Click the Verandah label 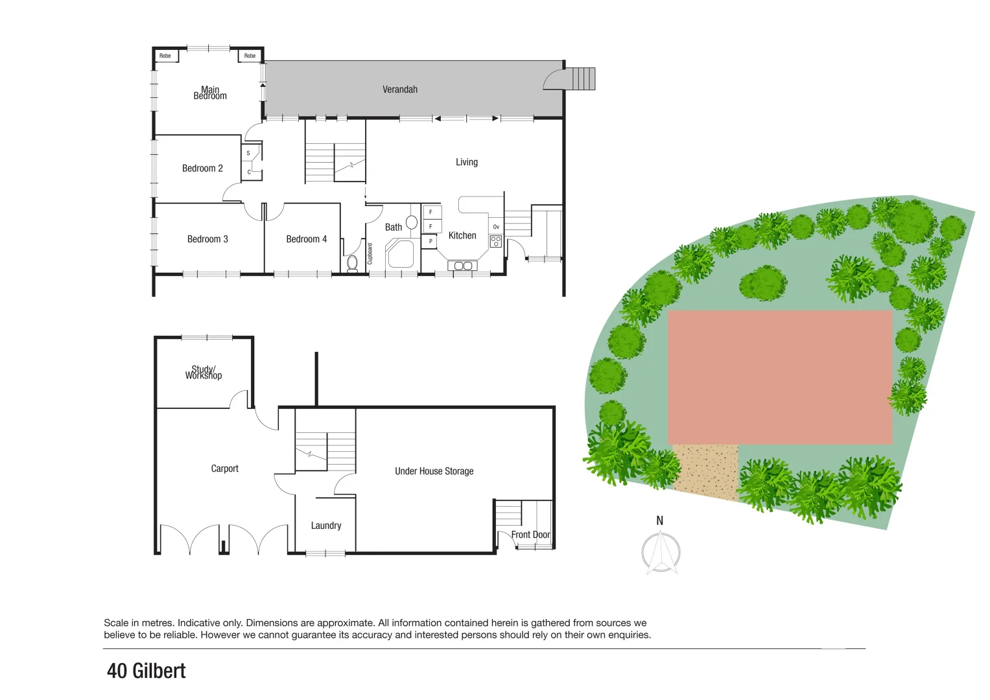coord(399,89)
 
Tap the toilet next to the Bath coord(352,263)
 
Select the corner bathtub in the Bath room coord(400,254)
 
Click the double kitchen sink coord(462,266)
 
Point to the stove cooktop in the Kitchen coord(495,242)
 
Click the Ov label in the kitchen coord(496,227)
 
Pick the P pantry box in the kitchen coord(430,241)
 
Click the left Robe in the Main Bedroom coord(165,56)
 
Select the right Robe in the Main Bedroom coord(250,56)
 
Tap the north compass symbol coord(661,553)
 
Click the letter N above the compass coord(660,520)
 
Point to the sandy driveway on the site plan coord(705,471)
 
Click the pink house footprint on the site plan coord(780,377)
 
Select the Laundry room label coord(325,526)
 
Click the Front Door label coord(530,535)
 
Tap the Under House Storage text coord(434,471)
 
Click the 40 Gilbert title coord(146,671)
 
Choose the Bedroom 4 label coord(306,239)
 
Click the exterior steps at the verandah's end coord(583,79)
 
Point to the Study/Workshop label coord(204,372)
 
